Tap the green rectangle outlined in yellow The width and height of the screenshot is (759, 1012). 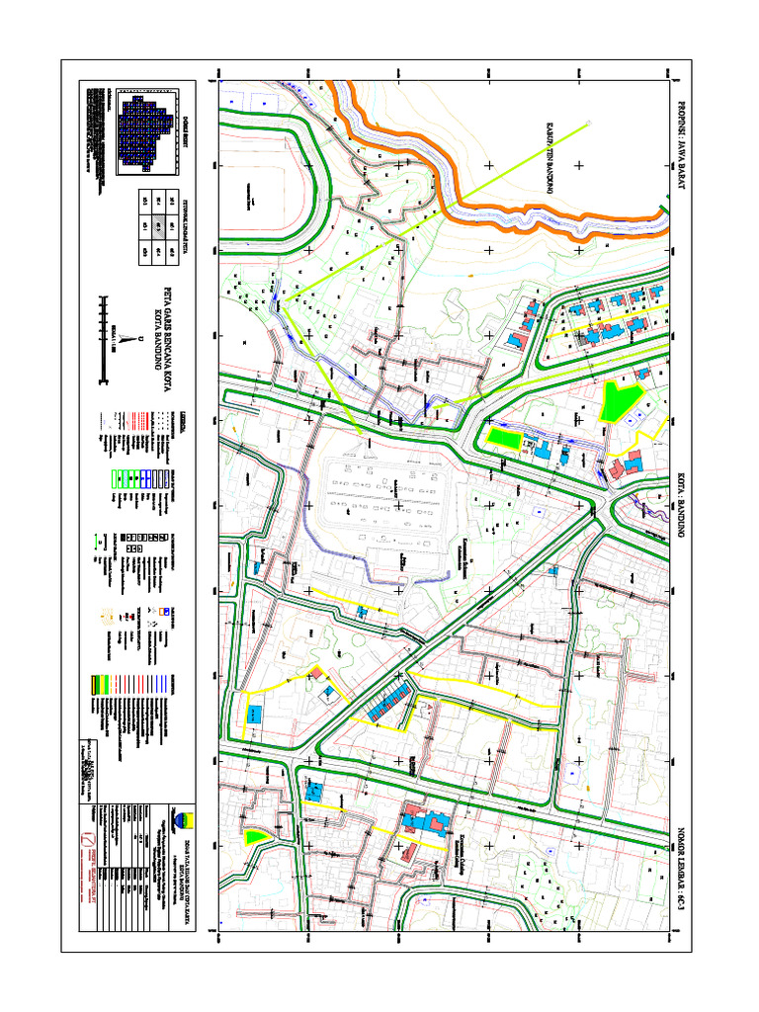(x=503, y=438)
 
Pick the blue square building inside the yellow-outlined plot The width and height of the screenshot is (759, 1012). (x=254, y=714)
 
